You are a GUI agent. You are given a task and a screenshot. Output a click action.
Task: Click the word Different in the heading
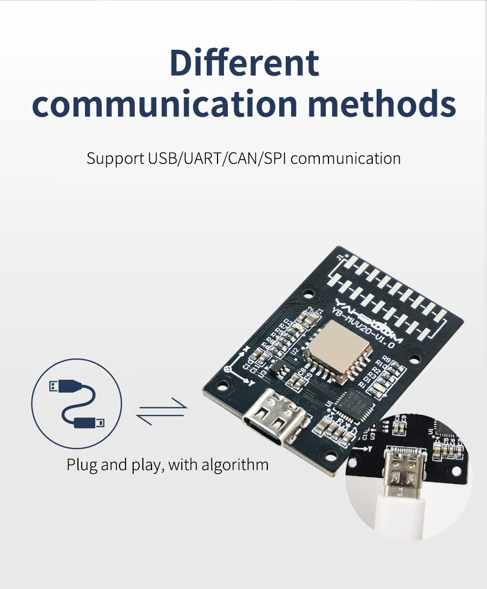click(x=244, y=63)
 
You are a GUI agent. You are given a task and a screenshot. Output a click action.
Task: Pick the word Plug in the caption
click(x=82, y=464)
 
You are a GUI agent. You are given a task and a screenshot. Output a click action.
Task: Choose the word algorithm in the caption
click(x=235, y=464)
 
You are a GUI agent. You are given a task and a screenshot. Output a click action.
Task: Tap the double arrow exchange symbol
click(x=161, y=411)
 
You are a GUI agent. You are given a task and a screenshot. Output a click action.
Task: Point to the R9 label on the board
click(x=386, y=359)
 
